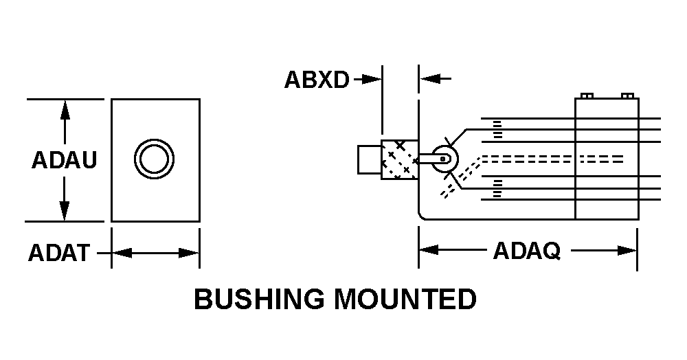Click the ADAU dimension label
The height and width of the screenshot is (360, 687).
(x=64, y=160)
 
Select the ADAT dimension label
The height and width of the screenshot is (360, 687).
(x=59, y=253)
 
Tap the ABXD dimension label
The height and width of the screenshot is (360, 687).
(x=317, y=80)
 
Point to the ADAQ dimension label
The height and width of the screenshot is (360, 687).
(x=527, y=251)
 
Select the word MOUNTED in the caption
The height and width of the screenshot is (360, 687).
(x=405, y=299)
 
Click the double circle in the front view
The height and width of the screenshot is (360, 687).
(x=154, y=159)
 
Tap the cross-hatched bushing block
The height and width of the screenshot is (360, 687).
(x=400, y=159)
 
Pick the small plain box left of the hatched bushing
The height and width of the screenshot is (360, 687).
(x=370, y=159)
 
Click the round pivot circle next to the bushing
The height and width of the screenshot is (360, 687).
(x=444, y=159)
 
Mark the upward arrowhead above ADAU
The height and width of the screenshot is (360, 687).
(x=65, y=109)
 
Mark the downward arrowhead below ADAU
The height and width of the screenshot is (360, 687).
(x=65, y=211)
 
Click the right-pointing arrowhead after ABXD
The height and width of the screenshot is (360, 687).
(x=372, y=80)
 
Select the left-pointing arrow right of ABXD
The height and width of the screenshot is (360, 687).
(x=435, y=79)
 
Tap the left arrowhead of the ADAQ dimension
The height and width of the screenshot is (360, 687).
(x=429, y=250)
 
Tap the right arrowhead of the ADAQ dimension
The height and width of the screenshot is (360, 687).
(x=627, y=251)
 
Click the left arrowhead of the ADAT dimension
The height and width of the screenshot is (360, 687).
(x=122, y=253)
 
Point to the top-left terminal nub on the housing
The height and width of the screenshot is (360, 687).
(x=587, y=96)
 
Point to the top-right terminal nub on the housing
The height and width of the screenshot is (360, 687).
(x=627, y=96)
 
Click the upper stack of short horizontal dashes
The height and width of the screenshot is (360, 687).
(x=497, y=130)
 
